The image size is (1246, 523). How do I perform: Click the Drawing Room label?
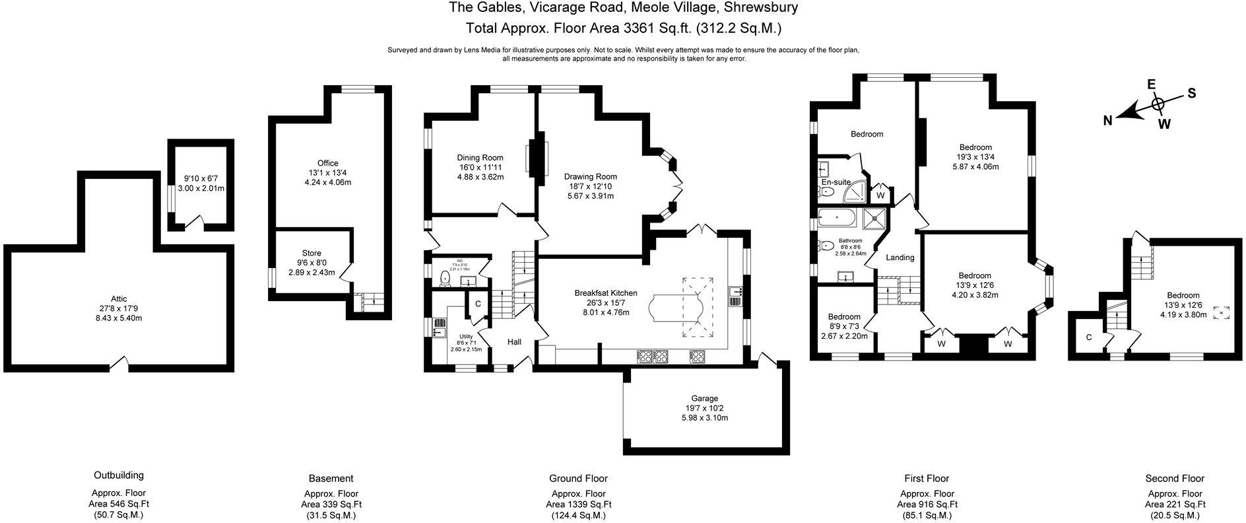(x=590, y=176)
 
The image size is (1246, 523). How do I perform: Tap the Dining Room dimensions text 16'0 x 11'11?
(x=480, y=167)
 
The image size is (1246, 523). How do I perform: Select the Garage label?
(x=704, y=398)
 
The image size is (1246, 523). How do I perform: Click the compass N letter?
(x=1108, y=120)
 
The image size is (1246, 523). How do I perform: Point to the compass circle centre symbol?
(x=1158, y=104)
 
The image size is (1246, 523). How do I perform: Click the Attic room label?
(x=119, y=298)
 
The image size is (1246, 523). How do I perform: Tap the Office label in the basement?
(x=327, y=163)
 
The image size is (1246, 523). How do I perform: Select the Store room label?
(x=311, y=253)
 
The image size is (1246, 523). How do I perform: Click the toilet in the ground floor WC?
(x=445, y=280)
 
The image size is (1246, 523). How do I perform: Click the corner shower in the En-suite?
(x=856, y=192)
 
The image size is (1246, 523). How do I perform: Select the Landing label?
(x=900, y=258)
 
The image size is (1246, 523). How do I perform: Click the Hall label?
(x=514, y=341)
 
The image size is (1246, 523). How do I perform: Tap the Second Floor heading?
(x=1175, y=478)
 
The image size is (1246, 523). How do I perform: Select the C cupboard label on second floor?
(x=1089, y=337)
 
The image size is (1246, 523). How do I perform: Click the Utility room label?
(x=466, y=337)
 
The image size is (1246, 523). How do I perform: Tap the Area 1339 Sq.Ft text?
(x=578, y=504)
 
